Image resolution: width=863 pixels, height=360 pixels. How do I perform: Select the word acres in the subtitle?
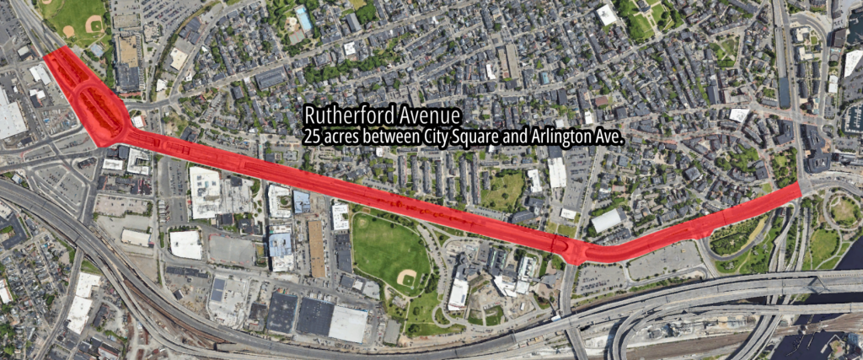pyautogui.click(x=342, y=134)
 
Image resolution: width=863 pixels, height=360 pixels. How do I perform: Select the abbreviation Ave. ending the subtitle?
pyautogui.click(x=609, y=134)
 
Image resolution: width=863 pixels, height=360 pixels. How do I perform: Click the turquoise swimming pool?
pyautogui.click(x=303, y=19)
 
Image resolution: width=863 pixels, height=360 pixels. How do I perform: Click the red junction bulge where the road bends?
pyautogui.click(x=576, y=250)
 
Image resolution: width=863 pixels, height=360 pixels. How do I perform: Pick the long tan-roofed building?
pyautogui.click(x=317, y=248)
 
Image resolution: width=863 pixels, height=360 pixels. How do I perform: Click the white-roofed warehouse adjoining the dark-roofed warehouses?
pyautogui.click(x=348, y=324)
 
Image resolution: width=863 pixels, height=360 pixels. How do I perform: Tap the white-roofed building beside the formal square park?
pyautogui.click(x=606, y=14)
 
